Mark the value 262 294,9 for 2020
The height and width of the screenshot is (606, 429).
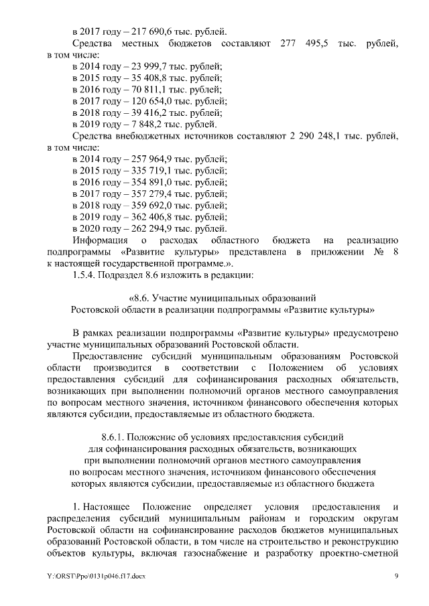coord(144,228)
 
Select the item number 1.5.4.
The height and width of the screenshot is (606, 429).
coord(86,275)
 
